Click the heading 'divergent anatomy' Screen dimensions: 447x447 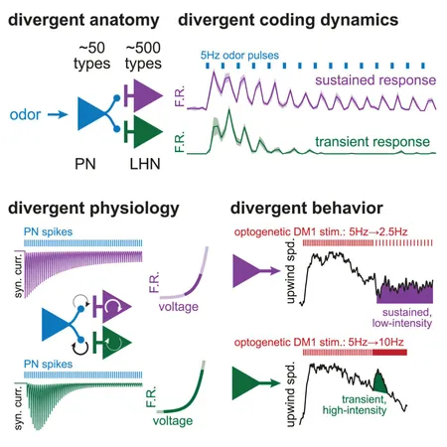tap(83, 20)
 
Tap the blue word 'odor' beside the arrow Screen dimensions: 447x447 tap(25, 114)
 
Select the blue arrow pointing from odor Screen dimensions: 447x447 tap(58, 114)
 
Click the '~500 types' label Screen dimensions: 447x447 tap(143, 56)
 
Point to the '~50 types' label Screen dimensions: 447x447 tap(92, 56)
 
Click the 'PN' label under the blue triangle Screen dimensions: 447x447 tap(85, 164)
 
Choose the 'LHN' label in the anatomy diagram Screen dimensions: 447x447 tap(145, 164)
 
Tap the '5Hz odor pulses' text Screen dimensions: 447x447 tap(239, 55)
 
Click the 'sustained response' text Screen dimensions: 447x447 tap(375, 80)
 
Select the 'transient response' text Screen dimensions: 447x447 tap(372, 142)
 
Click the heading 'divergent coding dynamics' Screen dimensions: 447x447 tap(288, 20)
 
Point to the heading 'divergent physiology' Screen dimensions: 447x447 tap(93, 209)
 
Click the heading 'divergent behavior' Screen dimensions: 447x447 tap(307, 209)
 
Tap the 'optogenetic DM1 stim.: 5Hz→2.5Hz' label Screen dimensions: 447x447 tap(321, 231)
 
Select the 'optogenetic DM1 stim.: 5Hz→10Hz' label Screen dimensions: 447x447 tap(319, 342)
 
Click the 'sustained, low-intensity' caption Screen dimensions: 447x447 tap(402, 318)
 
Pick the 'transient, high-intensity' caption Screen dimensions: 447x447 tap(355, 405)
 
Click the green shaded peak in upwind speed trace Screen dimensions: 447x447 tap(379, 382)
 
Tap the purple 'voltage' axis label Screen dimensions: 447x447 tap(179, 307)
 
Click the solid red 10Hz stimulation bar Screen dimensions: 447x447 tap(389, 353)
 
